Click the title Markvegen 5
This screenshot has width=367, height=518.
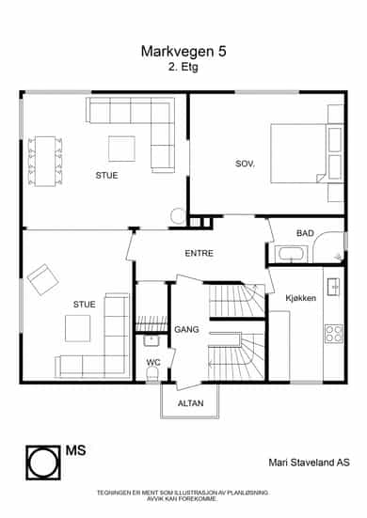coord(183,52)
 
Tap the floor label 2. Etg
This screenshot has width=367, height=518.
coord(183,67)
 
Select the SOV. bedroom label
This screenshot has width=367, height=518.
coord(245,164)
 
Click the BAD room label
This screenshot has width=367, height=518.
coord(305,233)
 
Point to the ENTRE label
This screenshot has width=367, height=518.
coord(199,254)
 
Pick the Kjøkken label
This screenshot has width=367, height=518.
coord(300,298)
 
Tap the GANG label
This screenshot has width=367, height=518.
coord(186,329)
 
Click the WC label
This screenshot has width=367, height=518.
coord(153,362)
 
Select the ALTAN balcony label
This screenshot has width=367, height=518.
coord(190,403)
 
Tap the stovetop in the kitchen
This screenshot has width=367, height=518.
coord(334,334)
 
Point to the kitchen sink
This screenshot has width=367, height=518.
coord(333,287)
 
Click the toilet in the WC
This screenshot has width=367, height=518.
coord(152,375)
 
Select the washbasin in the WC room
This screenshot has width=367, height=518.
coord(152,340)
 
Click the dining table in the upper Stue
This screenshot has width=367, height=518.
coord(45,161)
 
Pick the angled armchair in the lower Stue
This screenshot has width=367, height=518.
coord(43,279)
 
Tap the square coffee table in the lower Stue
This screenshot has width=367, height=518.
coord(78,328)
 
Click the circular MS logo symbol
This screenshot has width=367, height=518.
coord(43,463)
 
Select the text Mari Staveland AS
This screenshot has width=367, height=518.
coord(309,463)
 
